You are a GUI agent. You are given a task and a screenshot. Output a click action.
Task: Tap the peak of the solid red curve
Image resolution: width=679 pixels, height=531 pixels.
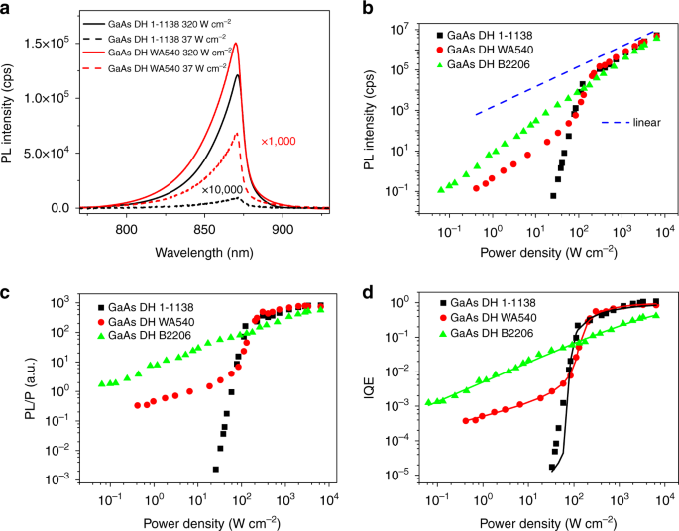[236, 44]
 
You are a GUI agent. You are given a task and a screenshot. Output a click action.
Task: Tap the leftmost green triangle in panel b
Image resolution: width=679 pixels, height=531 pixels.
[442, 189]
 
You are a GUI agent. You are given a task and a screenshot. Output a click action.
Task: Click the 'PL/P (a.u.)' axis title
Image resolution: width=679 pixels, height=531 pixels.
[14, 386]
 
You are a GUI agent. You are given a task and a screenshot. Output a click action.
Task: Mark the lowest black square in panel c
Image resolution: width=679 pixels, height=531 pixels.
[215, 469]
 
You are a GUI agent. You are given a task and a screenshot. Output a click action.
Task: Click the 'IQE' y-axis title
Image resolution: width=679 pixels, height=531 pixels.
[367, 386]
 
